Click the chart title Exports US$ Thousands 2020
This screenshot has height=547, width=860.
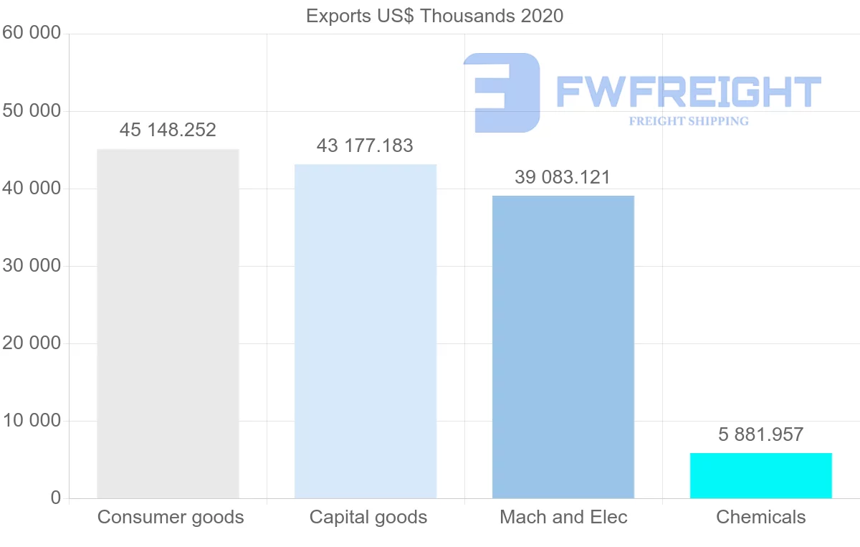coord(434,16)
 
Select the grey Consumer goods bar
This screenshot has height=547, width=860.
coord(168,323)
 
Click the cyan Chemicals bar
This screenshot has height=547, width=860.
coord(761,475)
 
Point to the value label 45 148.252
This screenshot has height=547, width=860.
coord(168,130)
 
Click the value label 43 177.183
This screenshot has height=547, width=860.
coord(365,146)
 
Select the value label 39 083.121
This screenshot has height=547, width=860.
coord(563,177)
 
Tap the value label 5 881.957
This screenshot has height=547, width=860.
coord(760,434)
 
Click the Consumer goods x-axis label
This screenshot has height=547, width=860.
coord(171,517)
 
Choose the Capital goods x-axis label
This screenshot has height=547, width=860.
coord(368,517)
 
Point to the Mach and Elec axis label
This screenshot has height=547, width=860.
coord(563,517)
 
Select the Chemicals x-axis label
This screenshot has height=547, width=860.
coord(761,517)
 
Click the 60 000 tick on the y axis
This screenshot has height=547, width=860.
coord(32,34)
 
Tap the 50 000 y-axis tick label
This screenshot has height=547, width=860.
coord(32,111)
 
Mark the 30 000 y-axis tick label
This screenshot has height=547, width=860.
coord(32,266)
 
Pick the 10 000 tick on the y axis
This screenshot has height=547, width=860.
coord(32,421)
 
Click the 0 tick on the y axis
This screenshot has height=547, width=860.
coord(56,498)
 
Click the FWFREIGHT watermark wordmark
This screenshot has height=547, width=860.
coord(689,92)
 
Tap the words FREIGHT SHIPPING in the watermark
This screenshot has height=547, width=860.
coord(689,121)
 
